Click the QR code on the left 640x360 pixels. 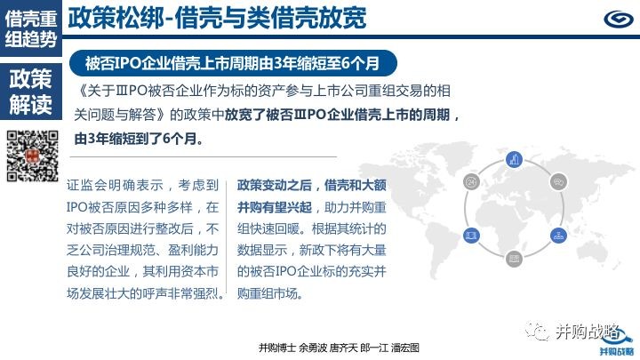coord(32,156)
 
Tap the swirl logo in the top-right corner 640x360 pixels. coord(618,19)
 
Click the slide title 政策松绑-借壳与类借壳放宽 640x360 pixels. coord(217,18)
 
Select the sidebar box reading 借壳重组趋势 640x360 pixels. coord(31,28)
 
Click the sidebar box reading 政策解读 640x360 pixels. coord(31,91)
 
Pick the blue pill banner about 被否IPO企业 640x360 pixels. coord(233,63)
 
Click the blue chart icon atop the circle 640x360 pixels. coord(514,159)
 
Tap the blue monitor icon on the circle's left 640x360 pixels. coord(471,236)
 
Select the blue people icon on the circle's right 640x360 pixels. coord(558,236)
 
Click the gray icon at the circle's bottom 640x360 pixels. coord(514,259)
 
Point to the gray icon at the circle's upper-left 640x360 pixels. coord(471,181)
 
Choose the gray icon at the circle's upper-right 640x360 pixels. coord(558,181)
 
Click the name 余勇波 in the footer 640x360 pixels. coord(313,348)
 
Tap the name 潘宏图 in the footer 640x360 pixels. coord(405,348)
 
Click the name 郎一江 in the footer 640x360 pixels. coord(374,348)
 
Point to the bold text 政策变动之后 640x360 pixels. coord(275,185)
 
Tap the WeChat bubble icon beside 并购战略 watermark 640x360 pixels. coord(537,331)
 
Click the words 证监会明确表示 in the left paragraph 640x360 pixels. coord(115,185)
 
